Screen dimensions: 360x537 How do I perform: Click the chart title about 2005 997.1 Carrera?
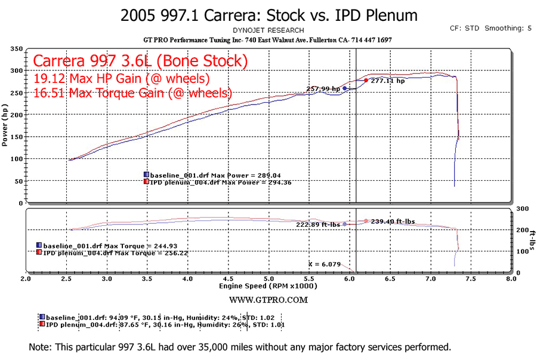click(268, 15)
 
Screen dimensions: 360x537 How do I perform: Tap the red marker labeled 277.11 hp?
click(366, 80)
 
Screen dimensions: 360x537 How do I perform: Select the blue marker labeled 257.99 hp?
click(345, 88)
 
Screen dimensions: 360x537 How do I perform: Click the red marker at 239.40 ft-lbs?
click(366, 221)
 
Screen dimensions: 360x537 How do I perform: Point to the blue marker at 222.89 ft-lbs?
click(345, 224)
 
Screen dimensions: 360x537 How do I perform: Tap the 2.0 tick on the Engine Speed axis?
click(26, 279)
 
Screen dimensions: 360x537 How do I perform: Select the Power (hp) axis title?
click(5, 125)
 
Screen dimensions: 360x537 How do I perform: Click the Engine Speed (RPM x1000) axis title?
click(268, 286)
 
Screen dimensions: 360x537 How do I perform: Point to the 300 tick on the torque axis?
click(523, 209)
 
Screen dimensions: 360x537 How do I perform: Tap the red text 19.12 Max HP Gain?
click(122, 78)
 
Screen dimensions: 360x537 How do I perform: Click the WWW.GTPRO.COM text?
click(268, 299)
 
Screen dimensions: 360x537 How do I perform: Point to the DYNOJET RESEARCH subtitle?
click(268, 30)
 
